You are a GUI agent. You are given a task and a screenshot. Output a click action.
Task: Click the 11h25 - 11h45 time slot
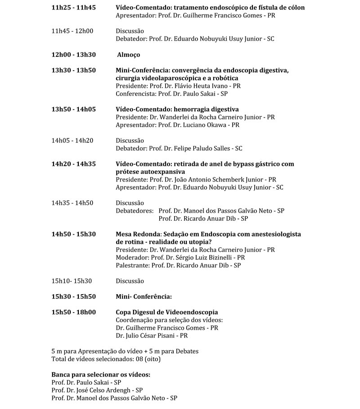[x=73, y=8]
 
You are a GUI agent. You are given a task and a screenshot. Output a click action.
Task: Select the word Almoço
[x=128, y=55]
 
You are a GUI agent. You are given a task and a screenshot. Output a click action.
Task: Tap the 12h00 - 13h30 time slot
[x=73, y=55]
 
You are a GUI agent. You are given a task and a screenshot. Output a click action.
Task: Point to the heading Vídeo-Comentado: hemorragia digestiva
[x=177, y=109]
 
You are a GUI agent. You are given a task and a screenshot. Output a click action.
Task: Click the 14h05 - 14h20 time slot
[x=72, y=141]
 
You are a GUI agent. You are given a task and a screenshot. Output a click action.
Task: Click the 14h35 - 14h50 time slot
[x=72, y=203]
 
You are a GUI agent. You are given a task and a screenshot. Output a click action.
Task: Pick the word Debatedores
[x=134, y=210]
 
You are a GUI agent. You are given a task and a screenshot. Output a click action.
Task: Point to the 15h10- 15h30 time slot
[x=72, y=281]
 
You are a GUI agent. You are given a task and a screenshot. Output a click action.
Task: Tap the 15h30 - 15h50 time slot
[x=73, y=296]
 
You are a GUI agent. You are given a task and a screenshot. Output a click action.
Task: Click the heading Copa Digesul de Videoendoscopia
[x=166, y=312]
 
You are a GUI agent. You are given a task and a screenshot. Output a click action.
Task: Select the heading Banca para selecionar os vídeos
[x=101, y=375]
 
